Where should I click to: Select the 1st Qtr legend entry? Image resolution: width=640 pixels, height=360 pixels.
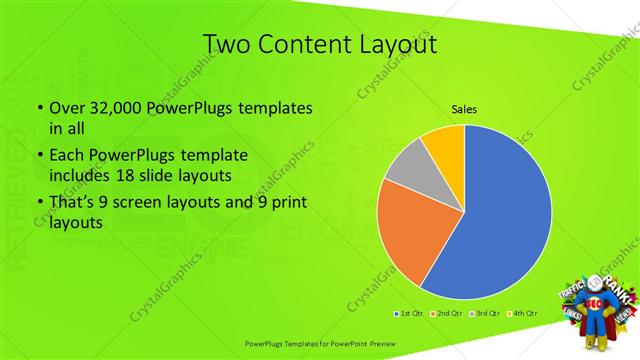pyautogui.click(x=409, y=314)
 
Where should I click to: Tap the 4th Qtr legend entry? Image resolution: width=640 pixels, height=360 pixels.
pyautogui.click(x=526, y=314)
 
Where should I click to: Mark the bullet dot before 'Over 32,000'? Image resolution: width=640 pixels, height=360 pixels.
pyautogui.click(x=38, y=108)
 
